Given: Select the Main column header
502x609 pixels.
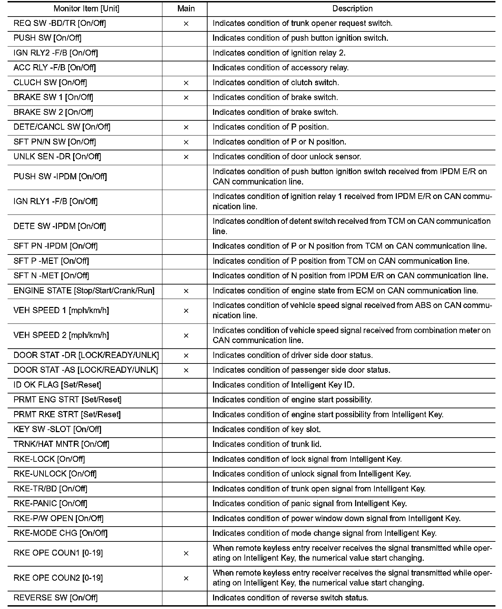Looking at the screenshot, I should (186, 9).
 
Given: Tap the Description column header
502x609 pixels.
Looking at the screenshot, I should (352, 9).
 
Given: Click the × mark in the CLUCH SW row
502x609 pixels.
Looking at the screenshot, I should (186, 83).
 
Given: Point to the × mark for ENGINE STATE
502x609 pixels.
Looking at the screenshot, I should (186, 291).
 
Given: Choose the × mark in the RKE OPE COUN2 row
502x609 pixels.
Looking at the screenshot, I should (186, 578).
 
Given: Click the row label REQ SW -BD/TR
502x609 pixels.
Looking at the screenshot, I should (60, 23).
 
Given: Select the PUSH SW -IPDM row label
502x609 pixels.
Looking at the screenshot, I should (60, 177).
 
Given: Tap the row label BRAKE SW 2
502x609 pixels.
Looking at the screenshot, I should (53, 112).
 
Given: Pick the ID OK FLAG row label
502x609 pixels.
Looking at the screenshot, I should (57, 385).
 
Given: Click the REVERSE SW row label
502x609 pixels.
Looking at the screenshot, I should (56, 598).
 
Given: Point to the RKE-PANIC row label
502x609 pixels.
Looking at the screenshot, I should (50, 503).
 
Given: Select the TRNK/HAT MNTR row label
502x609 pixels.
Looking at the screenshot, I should (61, 444).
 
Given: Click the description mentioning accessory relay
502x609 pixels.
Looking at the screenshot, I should (281, 68).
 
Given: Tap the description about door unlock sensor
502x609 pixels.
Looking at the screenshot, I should (287, 157).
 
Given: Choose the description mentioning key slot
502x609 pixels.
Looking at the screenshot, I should (267, 429).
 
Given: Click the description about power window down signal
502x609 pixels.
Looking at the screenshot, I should (337, 518).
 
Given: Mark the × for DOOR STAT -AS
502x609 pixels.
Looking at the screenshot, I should (186, 370).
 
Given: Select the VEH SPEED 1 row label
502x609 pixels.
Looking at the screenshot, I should (61, 310).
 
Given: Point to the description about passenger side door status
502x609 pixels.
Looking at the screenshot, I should (301, 370).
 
